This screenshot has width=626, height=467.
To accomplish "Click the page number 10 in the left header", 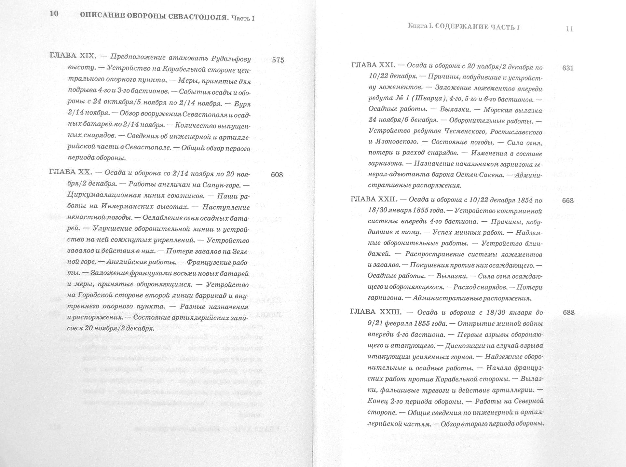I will click(54, 14).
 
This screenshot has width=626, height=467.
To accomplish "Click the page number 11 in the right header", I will click(569, 29).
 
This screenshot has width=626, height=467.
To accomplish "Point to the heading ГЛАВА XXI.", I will click(373, 65).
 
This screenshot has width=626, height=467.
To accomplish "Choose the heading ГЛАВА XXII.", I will click(374, 199).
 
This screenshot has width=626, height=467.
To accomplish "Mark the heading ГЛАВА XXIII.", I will click(376, 312).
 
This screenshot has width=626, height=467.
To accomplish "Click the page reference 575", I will click(278, 60).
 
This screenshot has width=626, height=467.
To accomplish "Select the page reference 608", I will click(277, 175).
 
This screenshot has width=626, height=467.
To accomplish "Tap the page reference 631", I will click(568, 68).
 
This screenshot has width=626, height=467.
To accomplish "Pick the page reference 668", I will click(568, 201).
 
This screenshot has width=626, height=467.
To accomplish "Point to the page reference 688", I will click(568, 313).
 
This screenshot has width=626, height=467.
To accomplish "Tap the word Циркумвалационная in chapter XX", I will click(104, 196).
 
